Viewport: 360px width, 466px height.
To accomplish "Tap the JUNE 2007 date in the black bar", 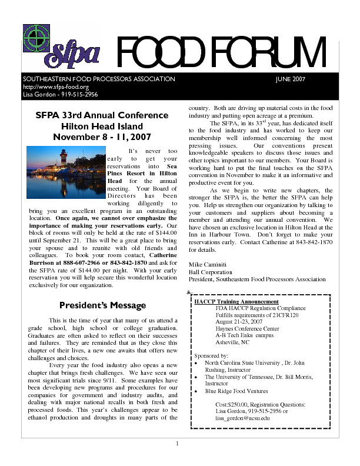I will coord(290,80).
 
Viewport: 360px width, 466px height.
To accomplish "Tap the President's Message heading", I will coord(102,305).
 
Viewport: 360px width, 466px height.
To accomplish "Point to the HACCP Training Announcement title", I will coord(232,301).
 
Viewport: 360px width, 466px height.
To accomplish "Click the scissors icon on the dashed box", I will coord(187,293).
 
